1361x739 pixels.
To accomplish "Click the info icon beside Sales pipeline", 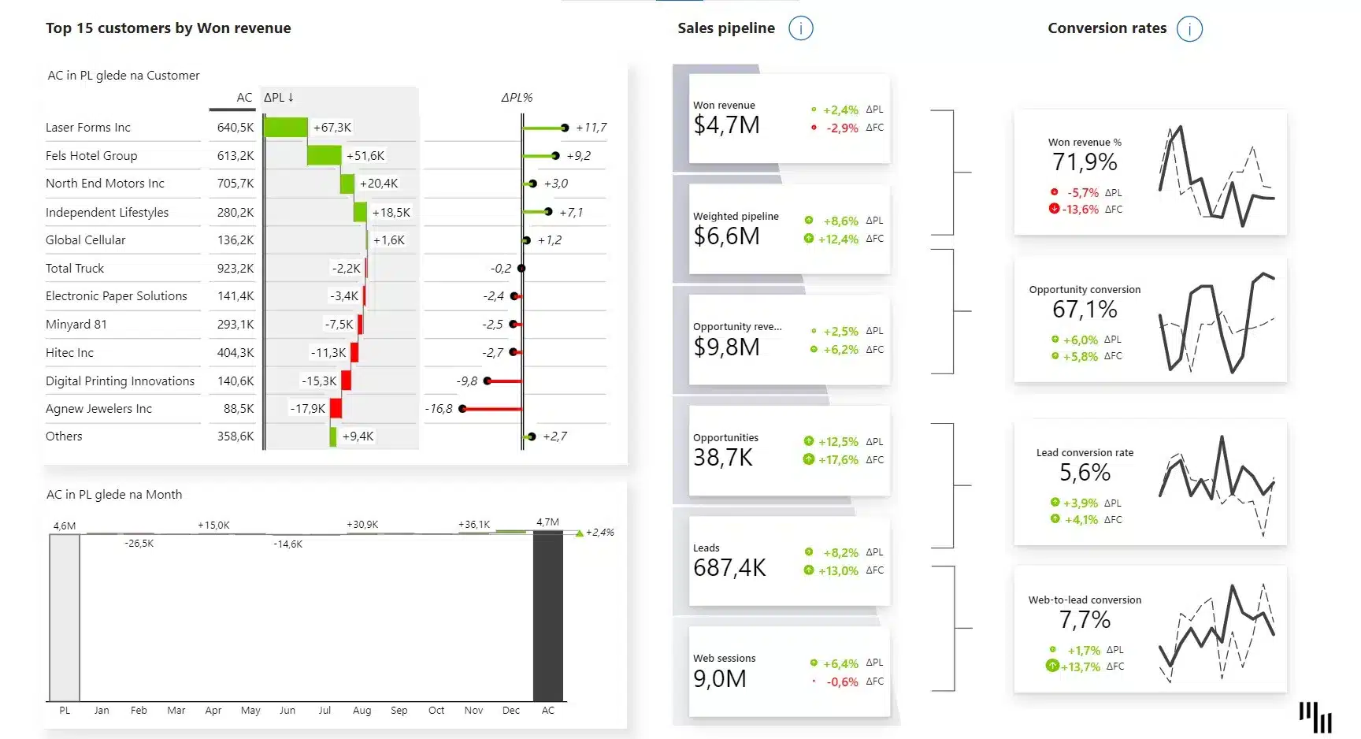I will (x=800, y=28).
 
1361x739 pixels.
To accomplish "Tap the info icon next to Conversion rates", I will (x=1189, y=28).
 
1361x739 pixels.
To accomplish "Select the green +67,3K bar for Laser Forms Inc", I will (x=286, y=127).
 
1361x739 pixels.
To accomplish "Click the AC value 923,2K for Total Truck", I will (x=235, y=269).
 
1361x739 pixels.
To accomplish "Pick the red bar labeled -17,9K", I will (x=336, y=408).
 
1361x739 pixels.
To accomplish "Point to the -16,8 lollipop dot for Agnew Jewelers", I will (x=462, y=408).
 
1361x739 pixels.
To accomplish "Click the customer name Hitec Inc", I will (x=69, y=353).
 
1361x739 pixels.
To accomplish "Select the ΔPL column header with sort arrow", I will (x=279, y=98).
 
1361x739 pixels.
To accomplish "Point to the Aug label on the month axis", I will (x=362, y=711).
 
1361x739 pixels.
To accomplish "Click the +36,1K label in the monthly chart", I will (x=474, y=525).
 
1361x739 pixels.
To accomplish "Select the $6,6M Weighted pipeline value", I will (x=726, y=236).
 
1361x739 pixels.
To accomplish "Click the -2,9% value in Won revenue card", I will (x=842, y=128).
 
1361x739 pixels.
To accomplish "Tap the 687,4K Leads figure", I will (x=729, y=568).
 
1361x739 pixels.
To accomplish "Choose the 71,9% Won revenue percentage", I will (x=1085, y=162).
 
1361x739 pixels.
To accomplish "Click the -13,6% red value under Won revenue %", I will (x=1080, y=210).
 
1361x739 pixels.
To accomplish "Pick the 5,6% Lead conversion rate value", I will (x=1085, y=473).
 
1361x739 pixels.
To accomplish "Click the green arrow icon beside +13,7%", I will (x=1052, y=666).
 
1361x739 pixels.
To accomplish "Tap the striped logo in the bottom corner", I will (x=1315, y=717).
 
